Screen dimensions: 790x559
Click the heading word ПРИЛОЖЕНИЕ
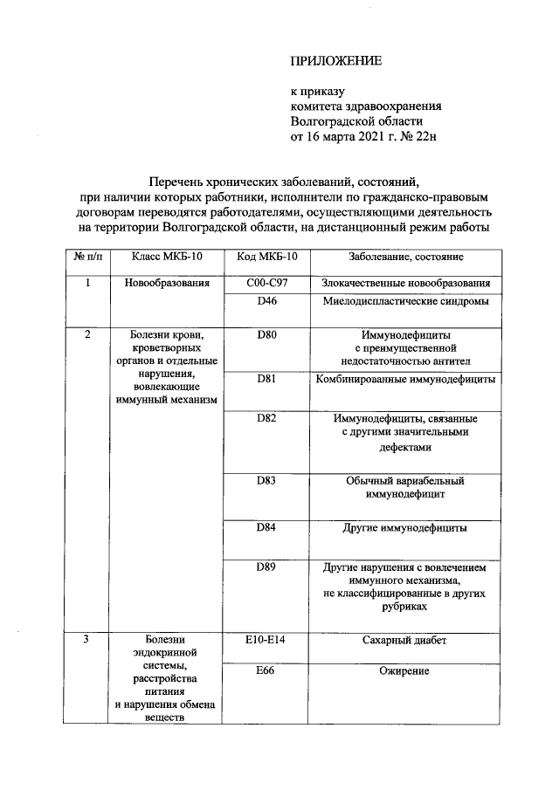(336, 61)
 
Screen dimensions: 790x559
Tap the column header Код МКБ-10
(267, 258)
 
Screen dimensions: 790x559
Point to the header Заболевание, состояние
(405, 258)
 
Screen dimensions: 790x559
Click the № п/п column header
(86, 258)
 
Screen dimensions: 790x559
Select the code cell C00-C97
(267, 284)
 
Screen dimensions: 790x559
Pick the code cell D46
(267, 301)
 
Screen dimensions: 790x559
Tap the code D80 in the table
(267, 334)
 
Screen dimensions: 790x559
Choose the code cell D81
(267, 379)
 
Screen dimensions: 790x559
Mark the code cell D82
(267, 419)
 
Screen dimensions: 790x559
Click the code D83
(267, 480)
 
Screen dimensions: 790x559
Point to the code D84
(267, 527)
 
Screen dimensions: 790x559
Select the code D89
(267, 567)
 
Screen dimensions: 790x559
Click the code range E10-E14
(267, 640)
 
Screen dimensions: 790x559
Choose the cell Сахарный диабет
(405, 640)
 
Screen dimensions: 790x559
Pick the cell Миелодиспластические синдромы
(405, 301)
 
